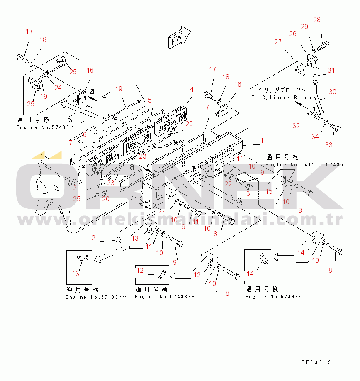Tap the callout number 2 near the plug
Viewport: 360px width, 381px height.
pos(94,238)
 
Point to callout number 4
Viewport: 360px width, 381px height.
pos(191,89)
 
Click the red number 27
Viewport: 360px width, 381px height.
pos(277,42)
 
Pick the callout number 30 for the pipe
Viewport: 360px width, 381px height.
pos(333,91)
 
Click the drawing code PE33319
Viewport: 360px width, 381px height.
pos(316,362)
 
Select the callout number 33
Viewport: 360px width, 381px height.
pos(328,145)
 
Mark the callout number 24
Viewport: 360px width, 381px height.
pos(58,88)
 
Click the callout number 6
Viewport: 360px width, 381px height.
pos(84,134)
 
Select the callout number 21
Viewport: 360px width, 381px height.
pos(76,188)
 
